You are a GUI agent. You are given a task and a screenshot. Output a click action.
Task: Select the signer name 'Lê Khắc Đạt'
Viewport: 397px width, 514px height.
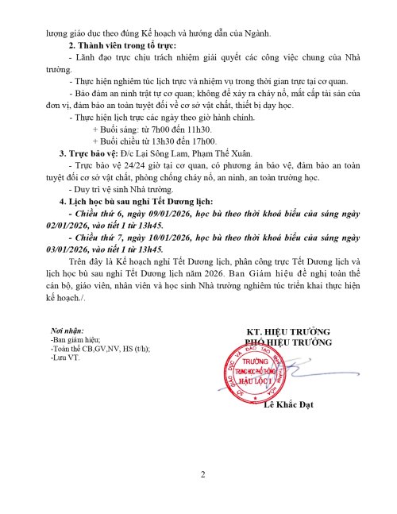(x=288, y=405)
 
